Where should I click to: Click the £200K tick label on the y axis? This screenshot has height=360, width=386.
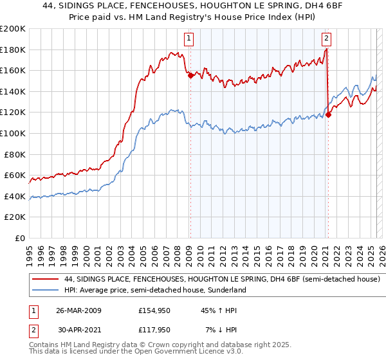click(x=13, y=28)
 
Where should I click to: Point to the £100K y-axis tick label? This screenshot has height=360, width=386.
click(x=13, y=133)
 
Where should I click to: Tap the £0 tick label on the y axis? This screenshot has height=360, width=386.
click(x=20, y=238)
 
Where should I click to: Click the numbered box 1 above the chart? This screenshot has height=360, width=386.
click(x=189, y=38)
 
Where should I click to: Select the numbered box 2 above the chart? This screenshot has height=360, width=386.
click(x=327, y=38)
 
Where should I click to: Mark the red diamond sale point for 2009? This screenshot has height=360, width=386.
click(x=190, y=75)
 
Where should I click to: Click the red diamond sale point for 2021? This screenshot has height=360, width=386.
click(x=328, y=114)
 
